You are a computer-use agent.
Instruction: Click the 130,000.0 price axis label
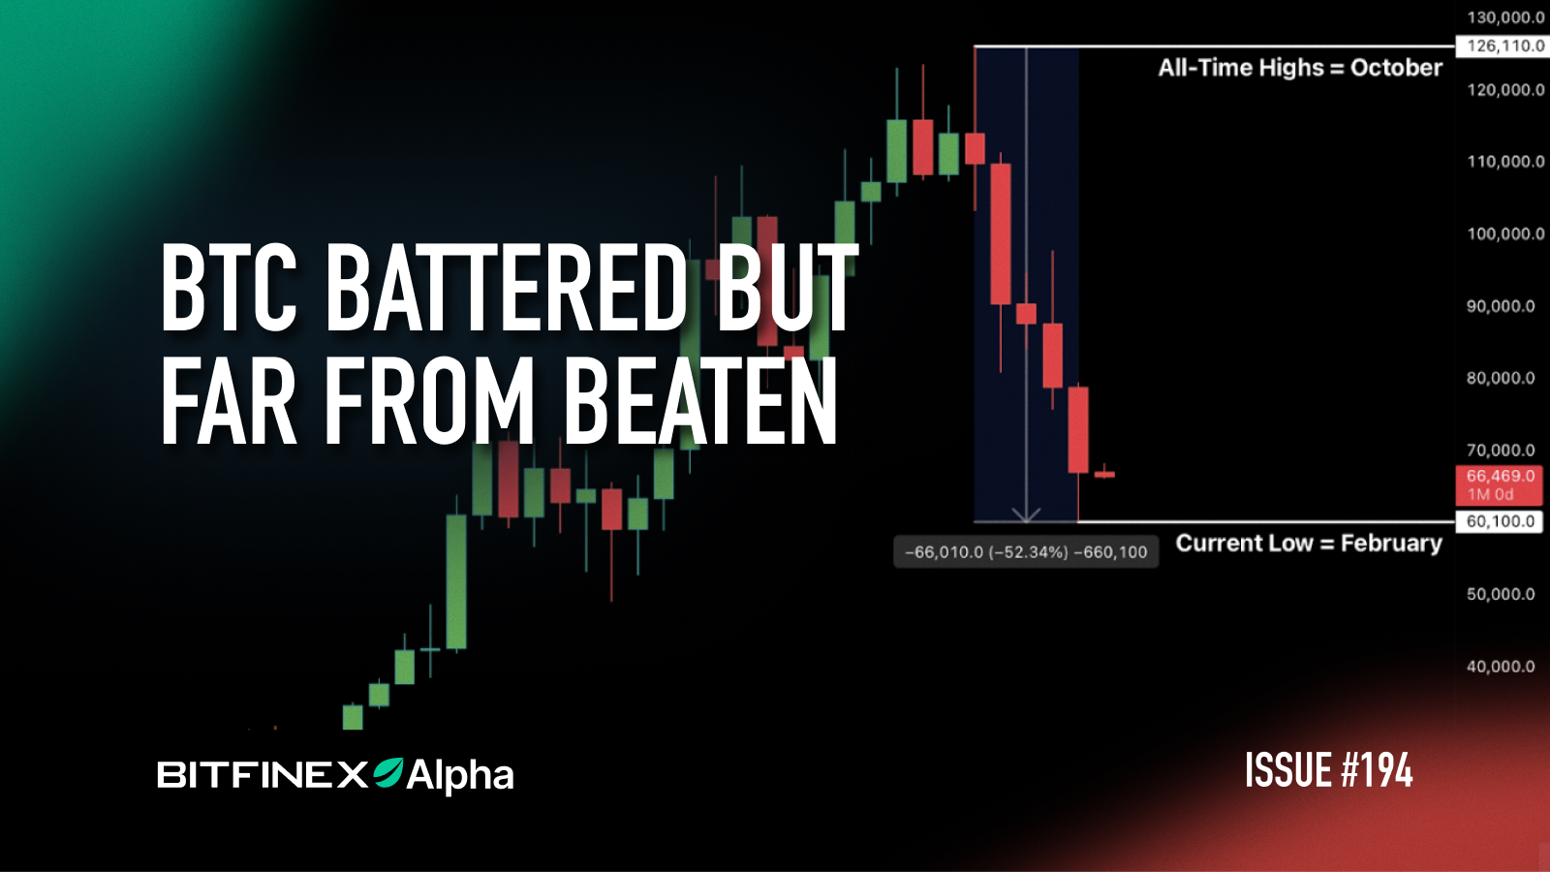click(1505, 17)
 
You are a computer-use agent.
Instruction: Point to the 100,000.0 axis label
click(1505, 234)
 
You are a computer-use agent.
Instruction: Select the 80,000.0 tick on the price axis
click(1501, 378)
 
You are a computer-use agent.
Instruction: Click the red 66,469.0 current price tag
click(1500, 484)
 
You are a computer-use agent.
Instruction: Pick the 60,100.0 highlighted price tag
click(1501, 521)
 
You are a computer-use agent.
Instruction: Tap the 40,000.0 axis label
click(1501, 667)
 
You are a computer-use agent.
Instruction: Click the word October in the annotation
click(1396, 68)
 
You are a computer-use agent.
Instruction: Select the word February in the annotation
click(1391, 544)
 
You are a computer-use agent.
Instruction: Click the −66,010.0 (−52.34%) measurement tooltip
click(1025, 552)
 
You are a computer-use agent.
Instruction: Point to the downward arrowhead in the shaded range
click(1026, 514)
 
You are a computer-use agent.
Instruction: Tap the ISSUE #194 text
click(1328, 771)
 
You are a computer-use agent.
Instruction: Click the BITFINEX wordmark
click(263, 775)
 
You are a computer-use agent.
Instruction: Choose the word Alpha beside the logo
click(460, 775)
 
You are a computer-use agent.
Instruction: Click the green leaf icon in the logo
click(388, 772)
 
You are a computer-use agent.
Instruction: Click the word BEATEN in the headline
click(700, 401)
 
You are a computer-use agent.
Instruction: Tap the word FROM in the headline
click(429, 401)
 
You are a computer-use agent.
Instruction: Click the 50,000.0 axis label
click(1501, 594)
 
